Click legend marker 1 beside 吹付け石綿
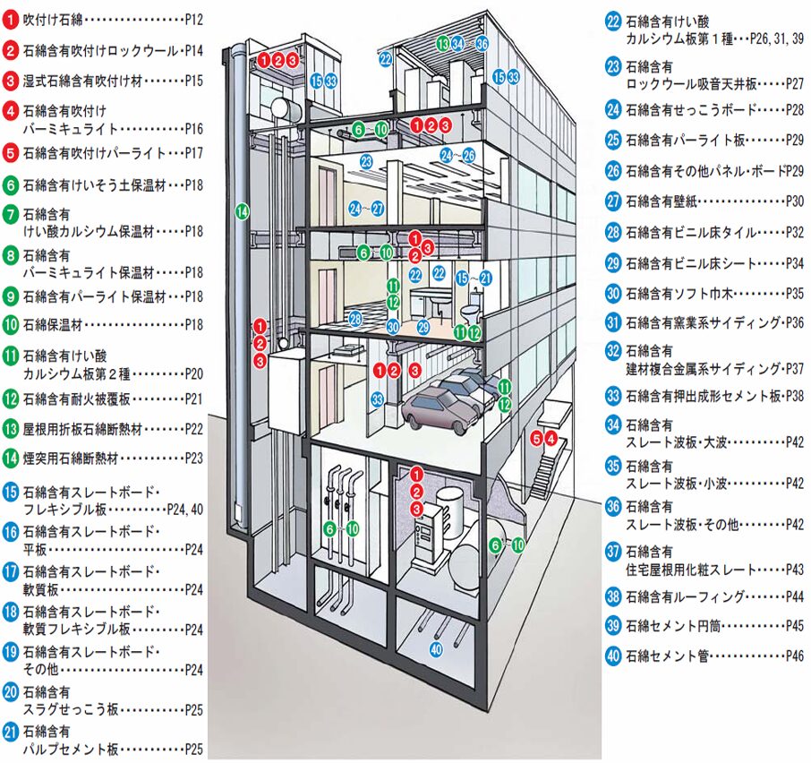point(11,18)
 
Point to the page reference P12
point(194,18)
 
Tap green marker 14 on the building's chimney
point(242,212)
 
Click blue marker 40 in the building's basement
point(437,648)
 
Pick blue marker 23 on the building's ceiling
point(366,162)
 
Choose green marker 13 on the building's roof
point(442,43)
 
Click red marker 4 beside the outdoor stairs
point(551,438)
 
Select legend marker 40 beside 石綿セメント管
point(613,656)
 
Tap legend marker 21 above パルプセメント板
point(11,730)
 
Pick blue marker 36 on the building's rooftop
point(482,43)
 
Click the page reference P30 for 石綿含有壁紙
point(794,201)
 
